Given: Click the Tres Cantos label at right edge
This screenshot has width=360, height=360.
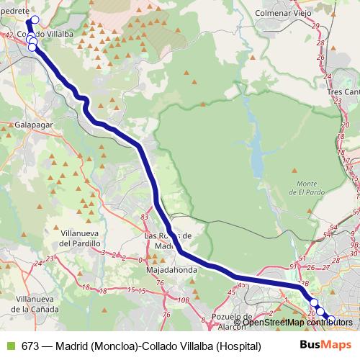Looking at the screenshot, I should coord(343,93).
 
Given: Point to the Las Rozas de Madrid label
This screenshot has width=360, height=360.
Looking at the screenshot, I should coord(168,240).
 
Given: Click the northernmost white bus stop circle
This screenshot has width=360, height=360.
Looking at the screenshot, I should coord(35,19).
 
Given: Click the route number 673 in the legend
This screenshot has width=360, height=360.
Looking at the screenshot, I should coord(30,346).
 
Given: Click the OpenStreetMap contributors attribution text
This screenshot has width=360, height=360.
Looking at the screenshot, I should coord(302,322).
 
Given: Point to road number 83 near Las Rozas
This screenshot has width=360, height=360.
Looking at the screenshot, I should coord(145,217).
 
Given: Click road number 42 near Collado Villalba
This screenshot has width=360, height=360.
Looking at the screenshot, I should coord(9,35).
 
